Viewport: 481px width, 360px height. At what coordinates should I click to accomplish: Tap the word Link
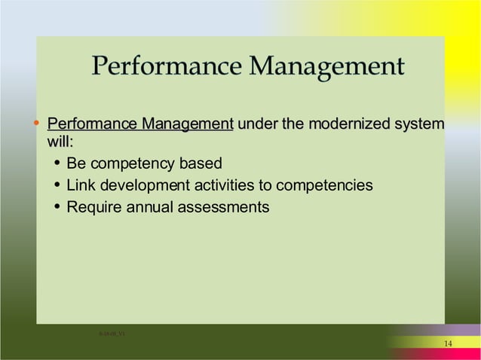(79, 185)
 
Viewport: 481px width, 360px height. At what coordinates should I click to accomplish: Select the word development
(142, 185)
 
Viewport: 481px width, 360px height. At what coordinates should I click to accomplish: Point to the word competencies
(326, 185)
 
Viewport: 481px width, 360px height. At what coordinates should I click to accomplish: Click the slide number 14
(448, 343)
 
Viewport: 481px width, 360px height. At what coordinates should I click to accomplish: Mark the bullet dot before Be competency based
(57, 163)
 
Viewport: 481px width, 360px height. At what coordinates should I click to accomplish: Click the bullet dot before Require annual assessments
(57, 207)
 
